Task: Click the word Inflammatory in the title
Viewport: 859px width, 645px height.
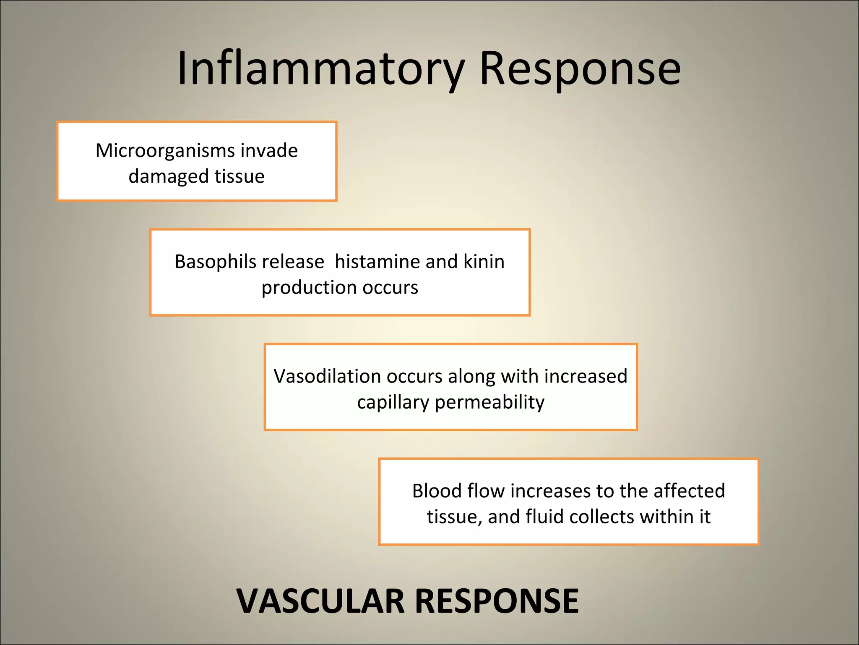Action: (x=321, y=68)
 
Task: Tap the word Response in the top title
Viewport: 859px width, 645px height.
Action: (x=580, y=68)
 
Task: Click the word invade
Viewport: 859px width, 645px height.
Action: (x=269, y=150)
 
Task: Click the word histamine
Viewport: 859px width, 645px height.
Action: (x=376, y=262)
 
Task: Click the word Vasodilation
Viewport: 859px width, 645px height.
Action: (x=327, y=376)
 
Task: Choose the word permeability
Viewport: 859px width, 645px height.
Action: (x=489, y=402)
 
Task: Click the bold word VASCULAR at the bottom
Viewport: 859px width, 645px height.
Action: (x=320, y=601)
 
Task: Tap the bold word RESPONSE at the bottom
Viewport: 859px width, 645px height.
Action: (x=497, y=601)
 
